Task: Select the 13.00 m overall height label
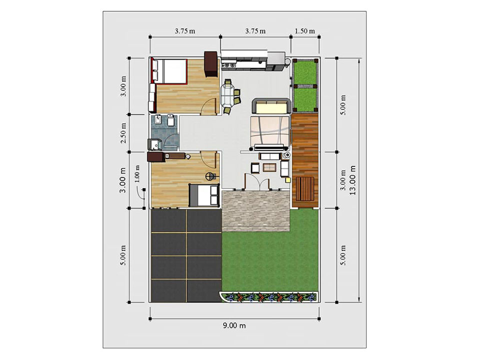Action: [x=353, y=180]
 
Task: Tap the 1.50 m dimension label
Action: [x=305, y=31]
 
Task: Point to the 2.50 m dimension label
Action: [x=123, y=132]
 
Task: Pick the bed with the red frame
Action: [x=169, y=70]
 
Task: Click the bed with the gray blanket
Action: [x=204, y=195]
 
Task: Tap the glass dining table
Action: [x=228, y=95]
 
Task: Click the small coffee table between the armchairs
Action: [x=271, y=167]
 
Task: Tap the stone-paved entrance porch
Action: [x=256, y=210]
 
